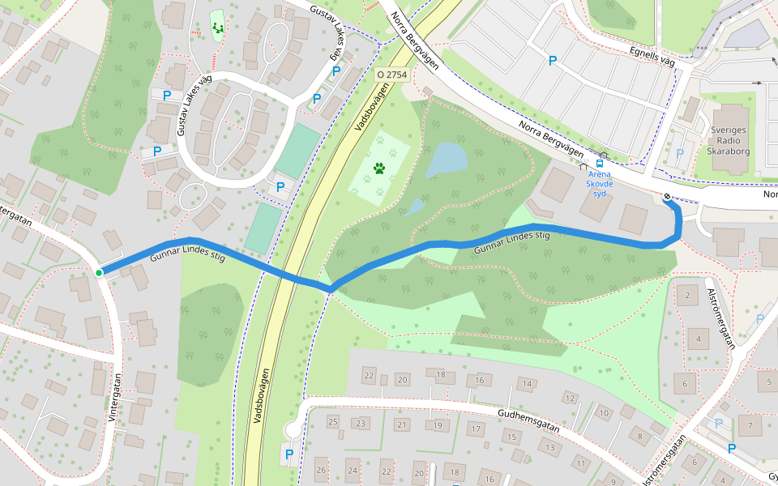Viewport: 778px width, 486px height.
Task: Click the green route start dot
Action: (99, 273)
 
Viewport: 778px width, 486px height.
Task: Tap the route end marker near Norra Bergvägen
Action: (667, 197)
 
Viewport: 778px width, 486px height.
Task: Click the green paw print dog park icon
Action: (379, 168)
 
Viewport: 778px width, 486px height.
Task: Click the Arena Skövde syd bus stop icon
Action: (601, 164)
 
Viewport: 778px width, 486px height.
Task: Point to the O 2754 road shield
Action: (391, 74)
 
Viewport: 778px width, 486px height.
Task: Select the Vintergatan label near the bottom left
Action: (113, 396)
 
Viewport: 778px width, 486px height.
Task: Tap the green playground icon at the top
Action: (218, 28)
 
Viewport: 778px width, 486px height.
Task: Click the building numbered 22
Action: (369, 375)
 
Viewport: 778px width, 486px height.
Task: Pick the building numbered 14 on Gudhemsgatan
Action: (528, 384)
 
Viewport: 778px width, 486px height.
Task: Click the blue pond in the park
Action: (446, 160)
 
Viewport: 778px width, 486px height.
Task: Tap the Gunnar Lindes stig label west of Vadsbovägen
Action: (187, 256)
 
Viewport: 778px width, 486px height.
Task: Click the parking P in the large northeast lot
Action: (554, 60)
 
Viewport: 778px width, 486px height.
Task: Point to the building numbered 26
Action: (322, 470)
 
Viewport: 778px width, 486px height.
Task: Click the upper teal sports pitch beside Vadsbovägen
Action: (297, 150)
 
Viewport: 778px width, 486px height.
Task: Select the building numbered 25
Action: (332, 422)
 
